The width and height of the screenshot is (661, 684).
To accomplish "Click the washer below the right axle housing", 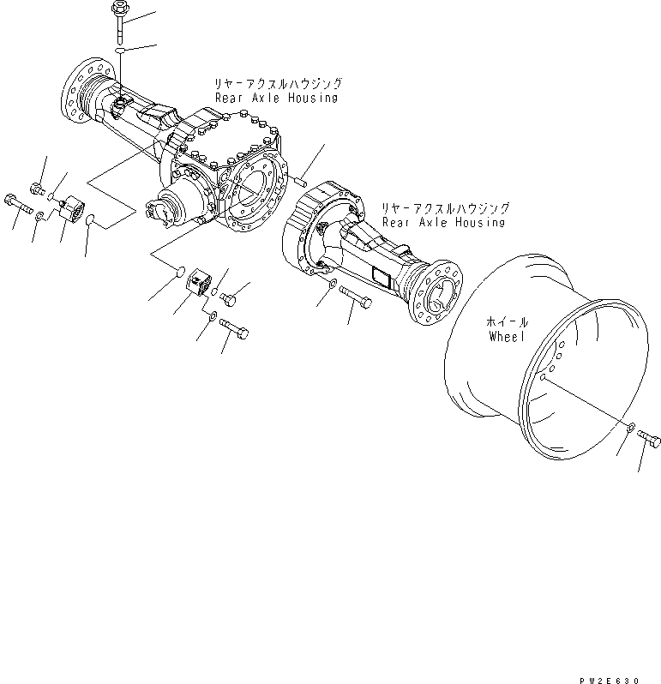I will pyautogui.click(x=332, y=285).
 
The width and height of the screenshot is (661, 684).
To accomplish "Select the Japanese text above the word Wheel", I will pyautogui.click(x=508, y=321).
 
